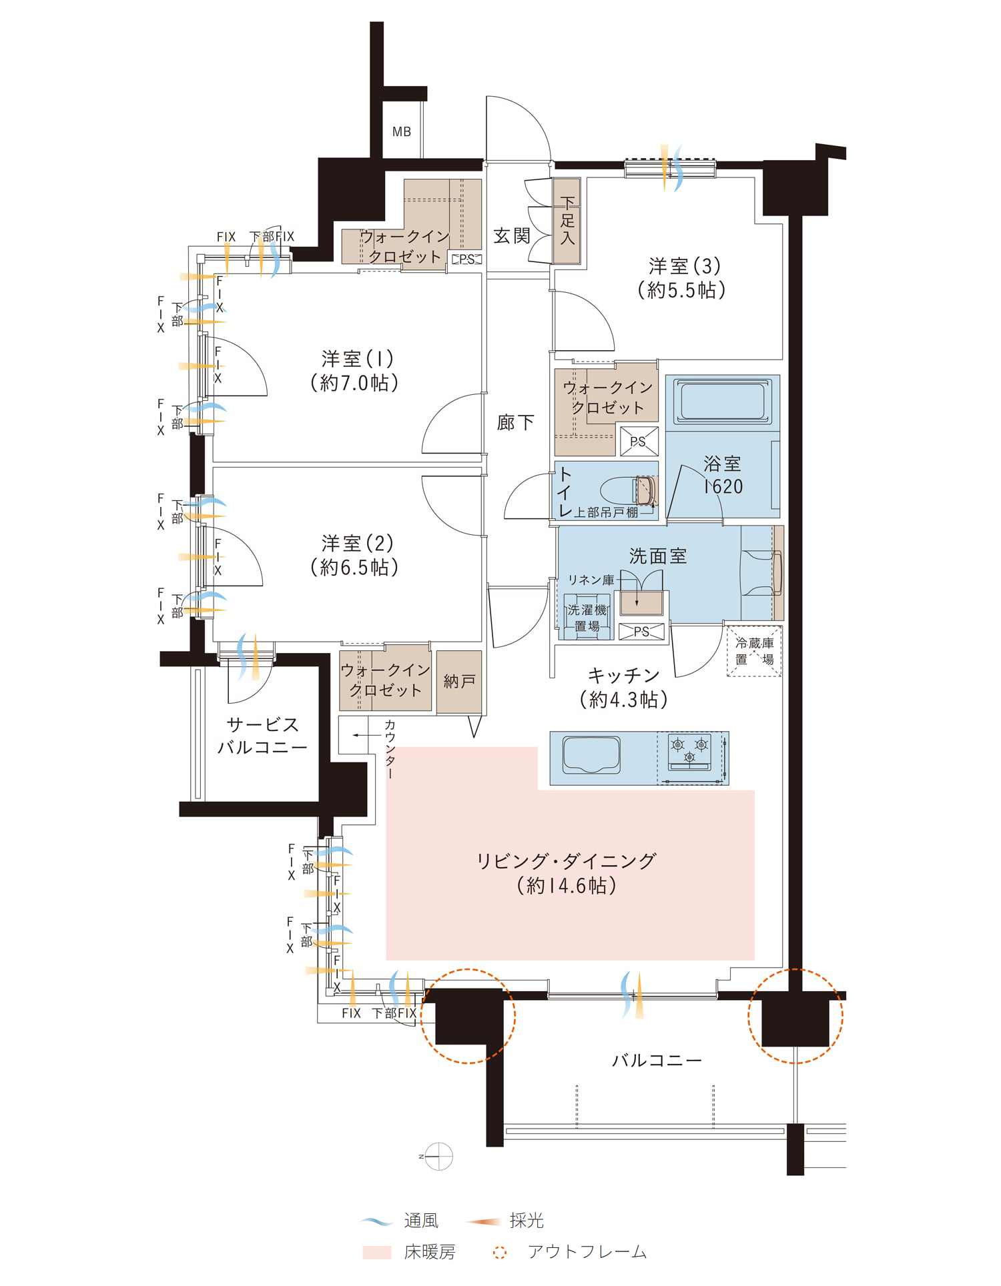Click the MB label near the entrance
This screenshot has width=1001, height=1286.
tap(401, 131)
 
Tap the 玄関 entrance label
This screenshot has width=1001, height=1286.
tap(512, 235)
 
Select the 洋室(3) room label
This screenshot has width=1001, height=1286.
tap(685, 266)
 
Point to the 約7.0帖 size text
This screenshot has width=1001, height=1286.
tap(354, 383)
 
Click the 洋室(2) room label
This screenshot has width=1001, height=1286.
tap(357, 544)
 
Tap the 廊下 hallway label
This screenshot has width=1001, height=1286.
tap(515, 422)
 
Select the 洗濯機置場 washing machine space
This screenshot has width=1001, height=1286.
tap(587, 618)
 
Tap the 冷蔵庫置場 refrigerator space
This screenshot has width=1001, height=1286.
tap(754, 651)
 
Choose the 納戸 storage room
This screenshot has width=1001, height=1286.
tap(459, 682)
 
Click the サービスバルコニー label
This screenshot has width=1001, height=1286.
tap(262, 736)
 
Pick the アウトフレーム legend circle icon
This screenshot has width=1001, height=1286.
tap(500, 1253)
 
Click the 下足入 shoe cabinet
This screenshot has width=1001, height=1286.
tap(567, 221)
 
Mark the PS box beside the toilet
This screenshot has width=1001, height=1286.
tap(639, 441)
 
